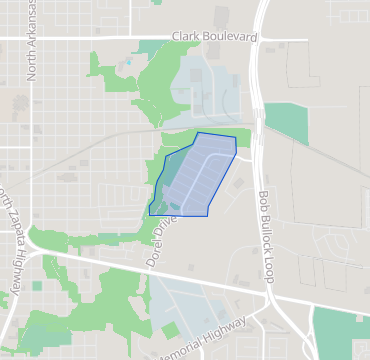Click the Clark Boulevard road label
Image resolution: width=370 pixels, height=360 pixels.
tap(214, 37)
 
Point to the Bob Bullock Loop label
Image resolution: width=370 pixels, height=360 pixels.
tap(265, 237)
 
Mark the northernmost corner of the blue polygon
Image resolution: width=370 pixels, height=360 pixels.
tap(198, 132)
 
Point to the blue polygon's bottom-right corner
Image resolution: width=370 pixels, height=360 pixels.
tap(207, 215)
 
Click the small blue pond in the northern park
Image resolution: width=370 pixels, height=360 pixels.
tap(127, 62)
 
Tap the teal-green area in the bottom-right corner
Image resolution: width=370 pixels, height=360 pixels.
tap(340, 330)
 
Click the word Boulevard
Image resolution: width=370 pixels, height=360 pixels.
tap(229, 37)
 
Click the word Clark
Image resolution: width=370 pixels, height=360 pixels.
tap(185, 37)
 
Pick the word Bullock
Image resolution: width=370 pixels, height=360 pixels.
tap(265, 232)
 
